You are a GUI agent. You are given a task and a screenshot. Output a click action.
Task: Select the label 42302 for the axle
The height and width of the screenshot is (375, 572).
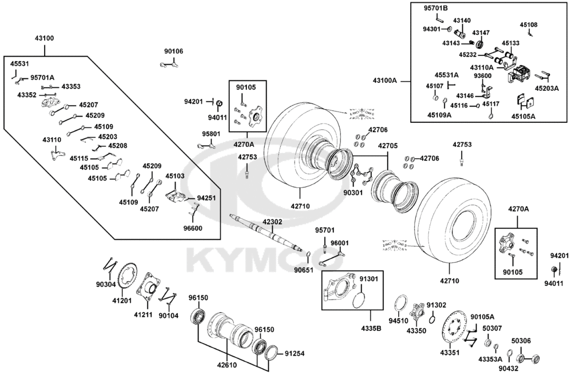[x=273, y=222]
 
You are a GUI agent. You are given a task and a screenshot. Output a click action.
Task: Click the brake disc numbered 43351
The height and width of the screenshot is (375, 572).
[x=456, y=329]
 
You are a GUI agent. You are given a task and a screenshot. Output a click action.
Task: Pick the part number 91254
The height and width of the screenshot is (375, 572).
[x=295, y=353]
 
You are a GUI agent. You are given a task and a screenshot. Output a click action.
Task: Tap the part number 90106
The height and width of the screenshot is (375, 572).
[x=174, y=51]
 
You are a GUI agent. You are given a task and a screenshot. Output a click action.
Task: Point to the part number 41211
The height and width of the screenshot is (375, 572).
[x=144, y=315]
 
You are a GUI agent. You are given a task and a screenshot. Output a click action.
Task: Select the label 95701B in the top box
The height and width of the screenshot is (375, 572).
[x=436, y=9]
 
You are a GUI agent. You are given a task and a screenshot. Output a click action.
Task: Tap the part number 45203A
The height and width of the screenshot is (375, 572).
[x=547, y=89]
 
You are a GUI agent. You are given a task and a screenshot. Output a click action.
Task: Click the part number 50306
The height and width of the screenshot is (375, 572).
[x=521, y=340]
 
